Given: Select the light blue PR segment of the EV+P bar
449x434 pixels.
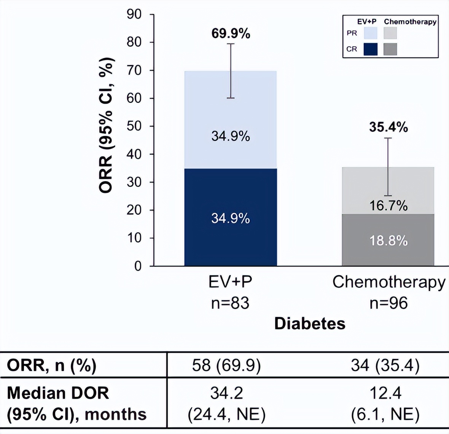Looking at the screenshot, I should [x=231, y=114].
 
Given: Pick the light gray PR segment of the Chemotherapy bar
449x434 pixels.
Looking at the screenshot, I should [x=388, y=183].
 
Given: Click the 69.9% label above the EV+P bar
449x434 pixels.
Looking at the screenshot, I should [x=231, y=34].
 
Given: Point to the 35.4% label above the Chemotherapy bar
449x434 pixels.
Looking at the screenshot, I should [x=388, y=127].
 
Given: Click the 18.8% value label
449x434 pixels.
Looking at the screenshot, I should [x=388, y=241].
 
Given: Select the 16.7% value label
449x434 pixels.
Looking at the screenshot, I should [x=388, y=206].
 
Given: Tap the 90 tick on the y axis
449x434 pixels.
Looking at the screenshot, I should [x=134, y=14].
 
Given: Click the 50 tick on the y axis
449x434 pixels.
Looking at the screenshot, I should [x=134, y=126].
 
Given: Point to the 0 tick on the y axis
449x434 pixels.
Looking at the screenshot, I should [x=138, y=266].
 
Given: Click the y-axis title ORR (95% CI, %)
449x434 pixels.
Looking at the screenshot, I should [x=107, y=126].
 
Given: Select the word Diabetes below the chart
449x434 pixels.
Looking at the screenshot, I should [x=310, y=324].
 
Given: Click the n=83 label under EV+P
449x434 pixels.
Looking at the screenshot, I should [x=231, y=303].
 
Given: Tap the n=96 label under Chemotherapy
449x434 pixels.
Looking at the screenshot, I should [x=388, y=303].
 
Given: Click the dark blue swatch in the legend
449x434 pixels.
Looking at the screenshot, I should [x=371, y=49].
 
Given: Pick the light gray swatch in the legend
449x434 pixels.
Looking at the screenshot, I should [x=390, y=33].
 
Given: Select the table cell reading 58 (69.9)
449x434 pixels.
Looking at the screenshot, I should [x=226, y=365].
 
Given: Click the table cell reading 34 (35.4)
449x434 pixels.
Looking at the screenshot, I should [x=385, y=365].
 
